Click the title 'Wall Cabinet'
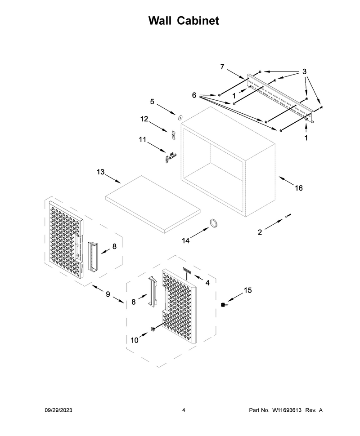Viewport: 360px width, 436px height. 184,21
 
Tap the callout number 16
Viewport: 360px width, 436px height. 299,188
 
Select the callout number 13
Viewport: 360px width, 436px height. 100,172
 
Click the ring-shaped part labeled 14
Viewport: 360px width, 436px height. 214,223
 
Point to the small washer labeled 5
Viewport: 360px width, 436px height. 180,117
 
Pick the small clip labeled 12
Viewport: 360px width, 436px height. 173,135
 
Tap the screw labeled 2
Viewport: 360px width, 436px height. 288,216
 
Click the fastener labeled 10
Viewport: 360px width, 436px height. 152,329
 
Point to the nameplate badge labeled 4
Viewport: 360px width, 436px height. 187,269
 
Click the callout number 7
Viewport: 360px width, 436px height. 222,67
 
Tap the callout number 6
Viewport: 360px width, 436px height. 194,95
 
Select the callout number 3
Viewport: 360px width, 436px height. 304,71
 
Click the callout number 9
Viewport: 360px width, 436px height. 108,294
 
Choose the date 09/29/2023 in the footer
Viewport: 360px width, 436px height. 58,410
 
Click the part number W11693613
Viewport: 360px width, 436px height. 287,410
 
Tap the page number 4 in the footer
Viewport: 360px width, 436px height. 184,410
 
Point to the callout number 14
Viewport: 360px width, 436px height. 186,240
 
